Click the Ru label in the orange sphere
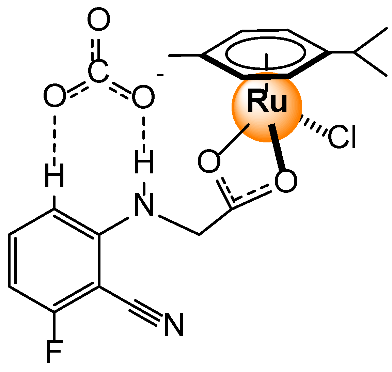tap(267, 102)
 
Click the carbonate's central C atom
tap(98, 71)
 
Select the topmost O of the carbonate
tap(99, 20)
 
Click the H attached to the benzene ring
tap(54, 175)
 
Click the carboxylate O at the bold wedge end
tap(285, 182)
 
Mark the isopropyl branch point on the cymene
tap(354, 52)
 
